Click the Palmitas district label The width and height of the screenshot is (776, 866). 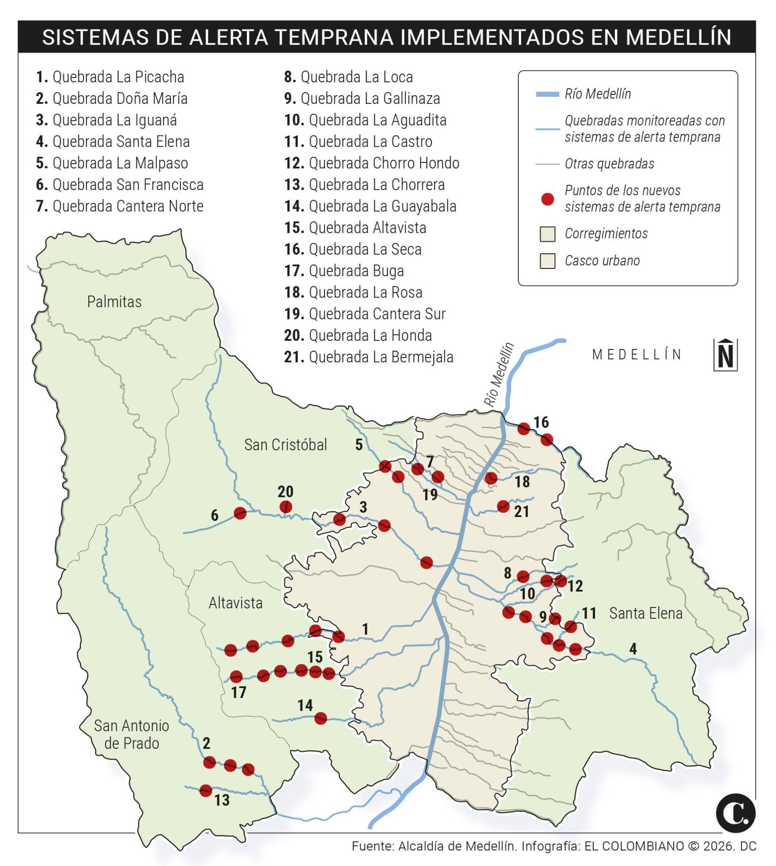point(114,302)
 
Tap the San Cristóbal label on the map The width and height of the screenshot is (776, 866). point(285,445)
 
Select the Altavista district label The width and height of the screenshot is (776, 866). point(236,603)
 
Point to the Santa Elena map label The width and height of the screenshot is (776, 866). point(646,613)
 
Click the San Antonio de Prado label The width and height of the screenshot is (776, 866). point(131,734)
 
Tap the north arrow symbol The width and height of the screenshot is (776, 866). point(725,355)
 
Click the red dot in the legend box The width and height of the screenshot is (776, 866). point(548,199)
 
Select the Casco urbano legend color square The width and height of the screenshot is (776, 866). point(548,261)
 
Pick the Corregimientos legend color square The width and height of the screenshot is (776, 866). point(548,234)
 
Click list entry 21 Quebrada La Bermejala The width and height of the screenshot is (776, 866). point(369,357)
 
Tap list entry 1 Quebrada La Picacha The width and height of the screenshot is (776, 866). point(110,77)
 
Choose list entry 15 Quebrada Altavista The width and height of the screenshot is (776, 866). point(355,228)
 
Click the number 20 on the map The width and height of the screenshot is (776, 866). point(286,491)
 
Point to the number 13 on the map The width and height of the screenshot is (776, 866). point(222,800)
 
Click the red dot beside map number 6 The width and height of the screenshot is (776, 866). point(240,513)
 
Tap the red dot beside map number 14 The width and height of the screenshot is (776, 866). point(320,718)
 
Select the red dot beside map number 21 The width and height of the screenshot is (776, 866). point(503,506)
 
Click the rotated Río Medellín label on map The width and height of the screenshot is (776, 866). point(499,375)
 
